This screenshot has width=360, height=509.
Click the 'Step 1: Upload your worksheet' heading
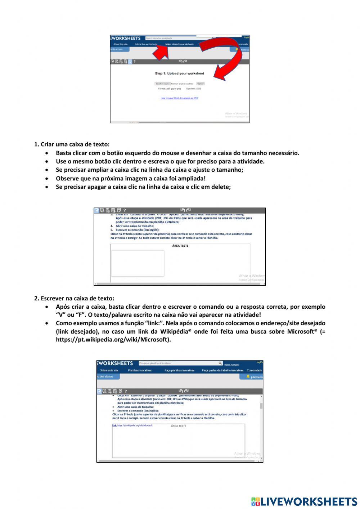tap(179, 73)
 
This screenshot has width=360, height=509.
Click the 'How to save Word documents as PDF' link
tap(179, 98)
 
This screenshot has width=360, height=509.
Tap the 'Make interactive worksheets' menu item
tap(179, 44)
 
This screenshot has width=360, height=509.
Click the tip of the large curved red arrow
tap(216, 76)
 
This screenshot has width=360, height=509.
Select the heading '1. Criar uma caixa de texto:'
tap(72, 144)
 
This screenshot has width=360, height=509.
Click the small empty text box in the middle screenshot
tap(138, 263)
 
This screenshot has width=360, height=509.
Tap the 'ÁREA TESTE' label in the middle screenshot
tap(180, 246)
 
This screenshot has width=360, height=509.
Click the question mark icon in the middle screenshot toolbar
tap(125, 210)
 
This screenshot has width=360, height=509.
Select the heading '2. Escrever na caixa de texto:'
tap(74, 298)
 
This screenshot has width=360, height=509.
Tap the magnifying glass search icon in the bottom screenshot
tap(220, 363)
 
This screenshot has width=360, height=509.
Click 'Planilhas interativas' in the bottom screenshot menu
tap(140, 370)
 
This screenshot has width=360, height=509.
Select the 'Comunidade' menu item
tap(254, 370)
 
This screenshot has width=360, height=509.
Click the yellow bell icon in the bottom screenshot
tap(248, 376)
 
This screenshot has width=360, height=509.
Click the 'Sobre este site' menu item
tap(109, 370)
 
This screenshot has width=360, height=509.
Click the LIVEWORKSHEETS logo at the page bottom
tap(304, 501)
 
